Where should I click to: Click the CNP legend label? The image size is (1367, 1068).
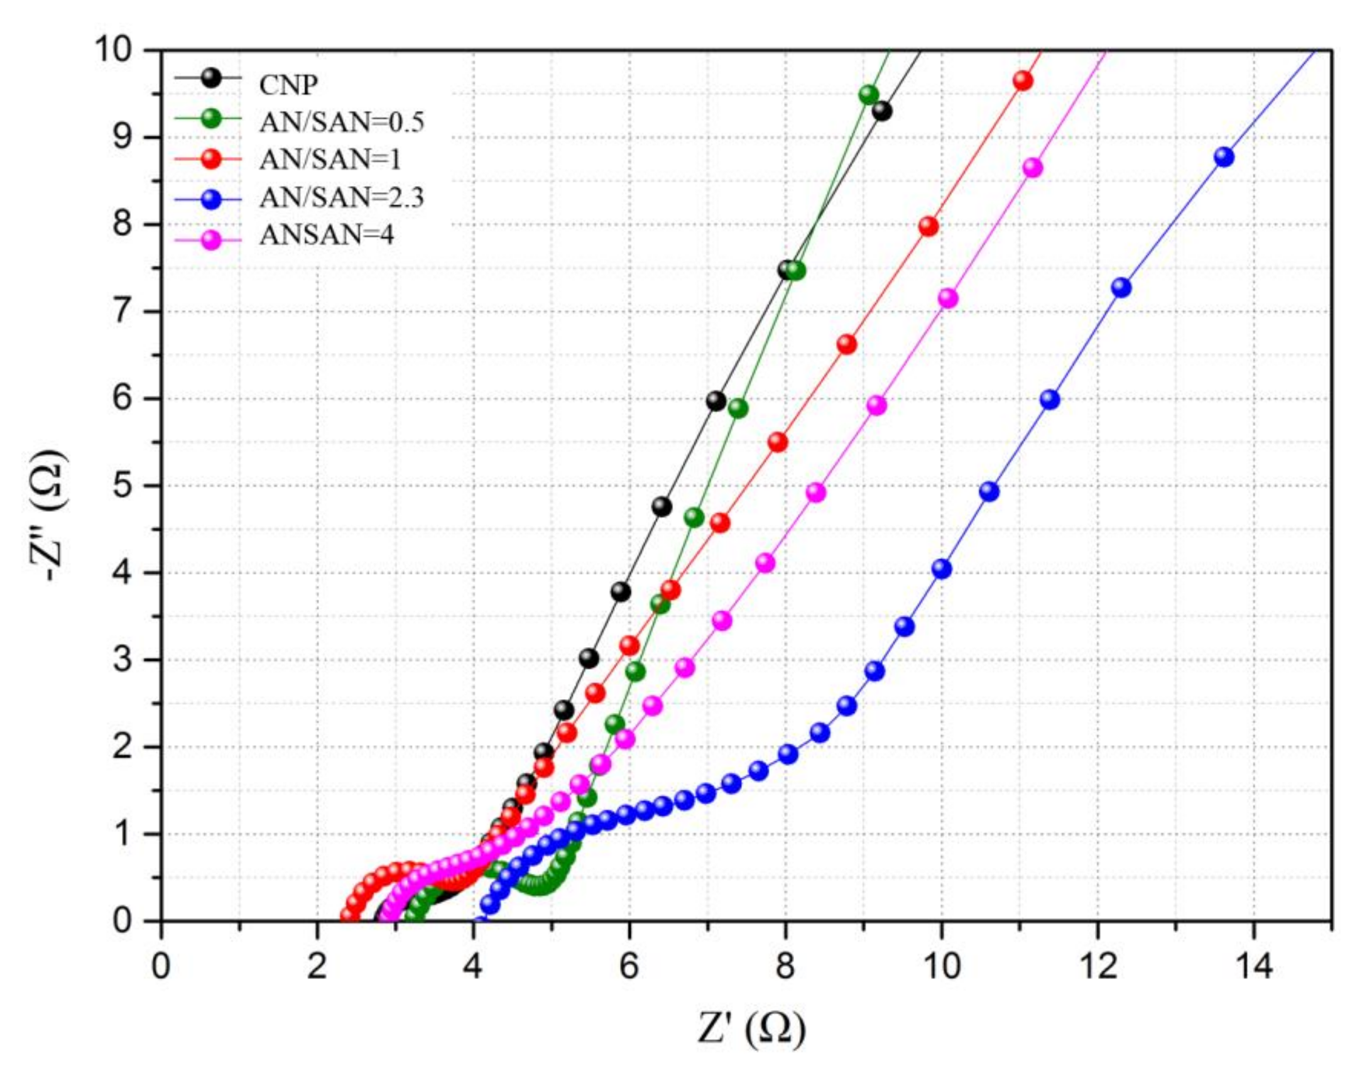coord(288,84)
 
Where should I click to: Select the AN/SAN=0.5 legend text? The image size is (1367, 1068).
coord(342,122)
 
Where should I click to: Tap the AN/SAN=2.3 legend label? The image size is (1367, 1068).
coord(342,198)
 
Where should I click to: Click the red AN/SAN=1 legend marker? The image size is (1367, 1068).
coord(212,160)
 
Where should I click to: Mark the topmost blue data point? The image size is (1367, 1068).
coord(1224,157)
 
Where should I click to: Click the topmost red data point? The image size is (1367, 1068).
coord(1023,81)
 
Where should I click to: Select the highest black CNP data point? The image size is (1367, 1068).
coord(882,112)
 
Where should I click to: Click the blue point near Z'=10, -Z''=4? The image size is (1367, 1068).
coord(941,569)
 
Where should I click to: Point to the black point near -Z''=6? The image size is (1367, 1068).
coord(716,401)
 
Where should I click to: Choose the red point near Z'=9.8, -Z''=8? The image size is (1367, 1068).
coord(929,227)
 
